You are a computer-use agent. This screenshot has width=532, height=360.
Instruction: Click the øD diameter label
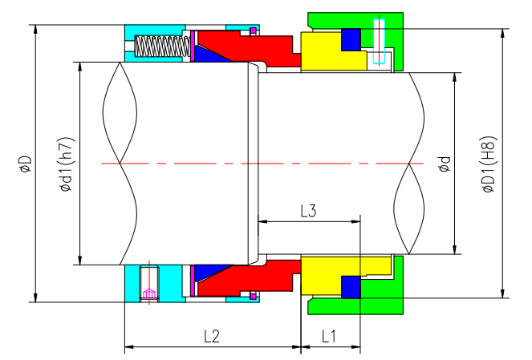[25, 164]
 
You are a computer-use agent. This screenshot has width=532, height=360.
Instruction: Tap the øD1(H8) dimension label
[488, 164]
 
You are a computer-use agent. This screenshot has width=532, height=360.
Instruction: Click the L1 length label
[329, 336]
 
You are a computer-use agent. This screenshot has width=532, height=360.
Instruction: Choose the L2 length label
[211, 336]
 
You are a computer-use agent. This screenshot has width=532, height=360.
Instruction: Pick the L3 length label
[308, 211]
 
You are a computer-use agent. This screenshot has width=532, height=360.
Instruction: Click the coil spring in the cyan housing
[160, 47]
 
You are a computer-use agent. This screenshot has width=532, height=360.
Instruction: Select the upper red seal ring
[249, 48]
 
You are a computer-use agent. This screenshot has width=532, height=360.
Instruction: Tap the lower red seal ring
[249, 277]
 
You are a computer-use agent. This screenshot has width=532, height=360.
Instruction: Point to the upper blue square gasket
[351, 39]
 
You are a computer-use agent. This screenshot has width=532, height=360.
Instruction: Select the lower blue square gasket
[351, 286]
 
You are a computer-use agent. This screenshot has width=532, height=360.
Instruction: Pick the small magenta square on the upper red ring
[253, 31]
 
